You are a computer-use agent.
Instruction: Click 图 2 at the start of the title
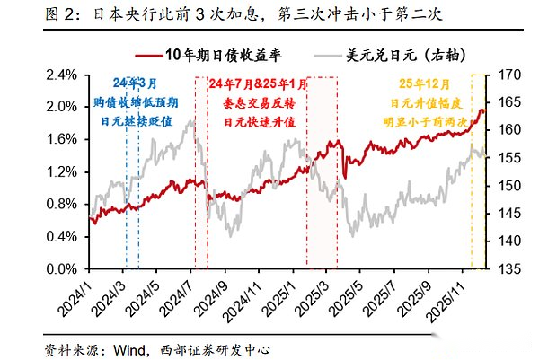pyautogui.click(x=23, y=14)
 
